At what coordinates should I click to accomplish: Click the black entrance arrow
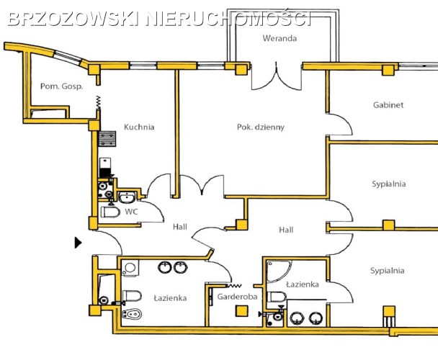[78, 243]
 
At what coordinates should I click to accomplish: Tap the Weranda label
[280, 38]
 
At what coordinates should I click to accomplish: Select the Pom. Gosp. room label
[62, 86]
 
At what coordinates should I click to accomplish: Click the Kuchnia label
[139, 127]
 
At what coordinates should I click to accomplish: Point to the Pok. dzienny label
[261, 127]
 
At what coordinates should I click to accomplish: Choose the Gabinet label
[388, 105]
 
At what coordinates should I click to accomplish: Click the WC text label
[131, 212]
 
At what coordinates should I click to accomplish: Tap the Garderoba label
[237, 297]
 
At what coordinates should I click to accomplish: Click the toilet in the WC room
[110, 212]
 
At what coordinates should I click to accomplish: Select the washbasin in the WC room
[128, 197]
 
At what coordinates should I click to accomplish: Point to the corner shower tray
[279, 270]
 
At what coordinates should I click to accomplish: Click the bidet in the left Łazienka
[132, 314]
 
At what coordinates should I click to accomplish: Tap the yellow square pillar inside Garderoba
[241, 311]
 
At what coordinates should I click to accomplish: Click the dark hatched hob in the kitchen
[107, 138]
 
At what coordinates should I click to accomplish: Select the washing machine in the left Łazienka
[130, 268]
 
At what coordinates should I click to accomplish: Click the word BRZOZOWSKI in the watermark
[73, 19]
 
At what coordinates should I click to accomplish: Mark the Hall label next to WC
[180, 227]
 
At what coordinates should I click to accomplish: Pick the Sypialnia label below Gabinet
[388, 184]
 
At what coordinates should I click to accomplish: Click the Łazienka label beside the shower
[303, 284]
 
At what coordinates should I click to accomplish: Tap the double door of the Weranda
[277, 77]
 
